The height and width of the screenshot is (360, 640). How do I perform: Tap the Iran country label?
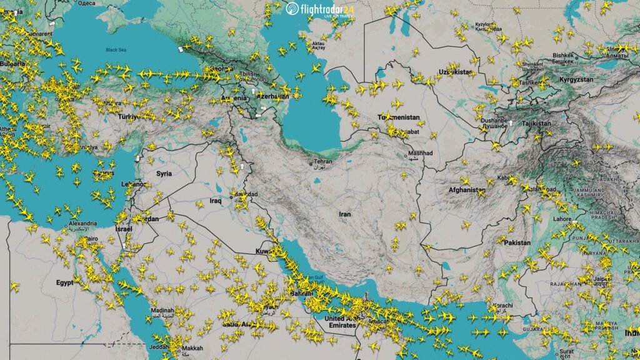[x=345, y=214]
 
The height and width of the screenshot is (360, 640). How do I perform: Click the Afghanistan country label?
[x=466, y=190]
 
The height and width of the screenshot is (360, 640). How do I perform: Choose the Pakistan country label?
[x=517, y=242]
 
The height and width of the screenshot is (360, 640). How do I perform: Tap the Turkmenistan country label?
[x=399, y=117]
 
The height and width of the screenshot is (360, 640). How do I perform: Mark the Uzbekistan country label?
[x=454, y=72]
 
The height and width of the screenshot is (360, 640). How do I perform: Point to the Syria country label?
[x=164, y=173]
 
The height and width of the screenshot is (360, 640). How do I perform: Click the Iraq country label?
[x=216, y=201]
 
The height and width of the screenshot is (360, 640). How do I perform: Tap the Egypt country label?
[x=64, y=282]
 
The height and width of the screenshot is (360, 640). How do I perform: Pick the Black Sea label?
[x=116, y=50]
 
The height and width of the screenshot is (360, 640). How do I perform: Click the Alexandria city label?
[x=82, y=224]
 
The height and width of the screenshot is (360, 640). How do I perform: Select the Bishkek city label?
[x=565, y=56]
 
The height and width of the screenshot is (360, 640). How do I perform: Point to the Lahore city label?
[x=562, y=219]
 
